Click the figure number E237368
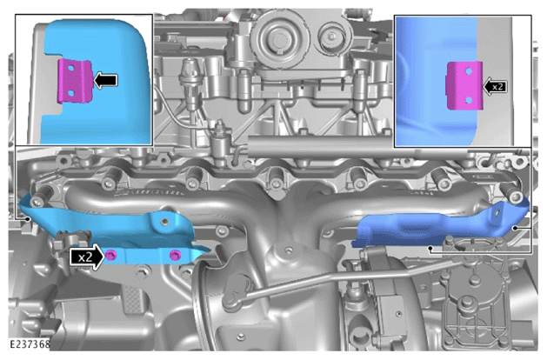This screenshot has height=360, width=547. click(30, 344)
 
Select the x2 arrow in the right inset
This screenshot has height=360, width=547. click(495, 86)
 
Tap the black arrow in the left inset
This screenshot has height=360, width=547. click(106, 81)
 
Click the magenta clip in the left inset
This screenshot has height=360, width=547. click(75, 82)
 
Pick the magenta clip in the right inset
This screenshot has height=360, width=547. click(464, 85)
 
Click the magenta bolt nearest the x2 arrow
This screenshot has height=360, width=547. click(111, 255)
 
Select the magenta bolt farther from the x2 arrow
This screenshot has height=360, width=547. click(174, 255)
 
